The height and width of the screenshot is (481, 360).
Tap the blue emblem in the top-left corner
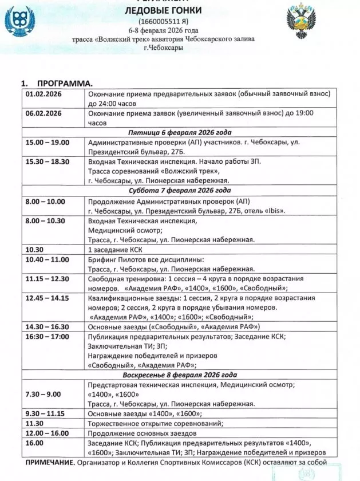pos(18,22)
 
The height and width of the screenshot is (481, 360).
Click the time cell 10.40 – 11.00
pos(45,259)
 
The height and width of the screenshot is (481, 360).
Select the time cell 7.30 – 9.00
pos(43,395)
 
